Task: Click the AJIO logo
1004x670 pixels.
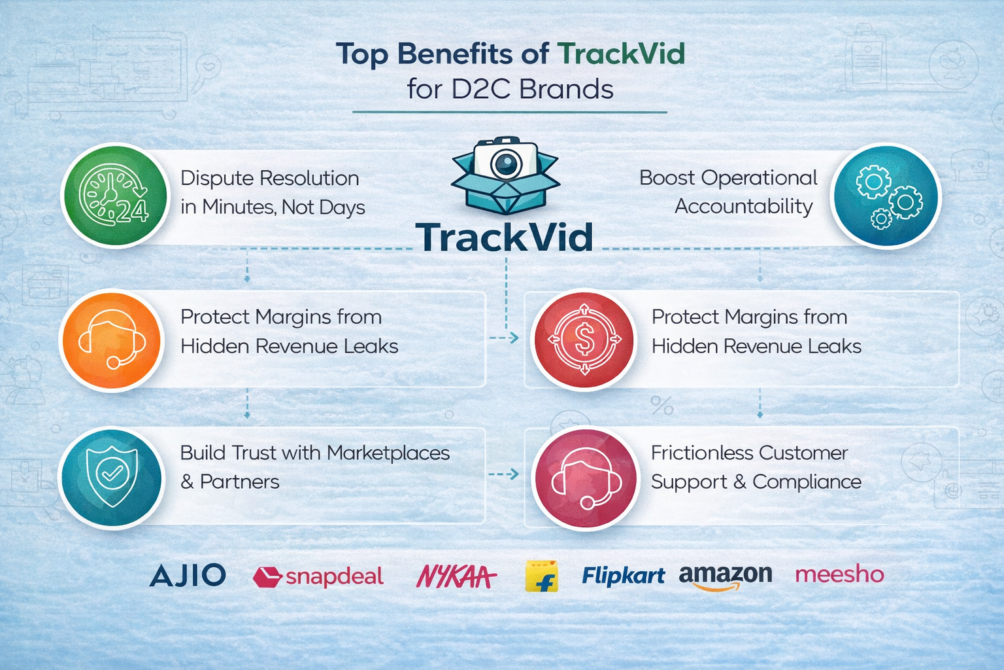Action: [x=188, y=575]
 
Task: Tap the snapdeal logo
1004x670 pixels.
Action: [x=318, y=576]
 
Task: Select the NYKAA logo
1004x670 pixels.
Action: [x=456, y=576]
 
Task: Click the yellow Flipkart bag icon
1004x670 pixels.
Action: [x=542, y=576]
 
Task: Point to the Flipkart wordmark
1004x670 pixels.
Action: [x=623, y=576]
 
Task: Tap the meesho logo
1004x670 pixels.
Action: [x=839, y=574]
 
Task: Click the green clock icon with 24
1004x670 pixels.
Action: [x=114, y=196]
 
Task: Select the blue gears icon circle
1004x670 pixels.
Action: [x=886, y=196]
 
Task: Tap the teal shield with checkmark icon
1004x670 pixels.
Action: [x=112, y=477]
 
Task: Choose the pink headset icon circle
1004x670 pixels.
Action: [x=585, y=479]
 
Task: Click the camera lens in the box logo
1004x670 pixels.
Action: [x=505, y=164]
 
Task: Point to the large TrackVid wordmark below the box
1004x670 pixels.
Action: [x=504, y=238]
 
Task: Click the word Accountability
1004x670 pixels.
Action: [x=743, y=207]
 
